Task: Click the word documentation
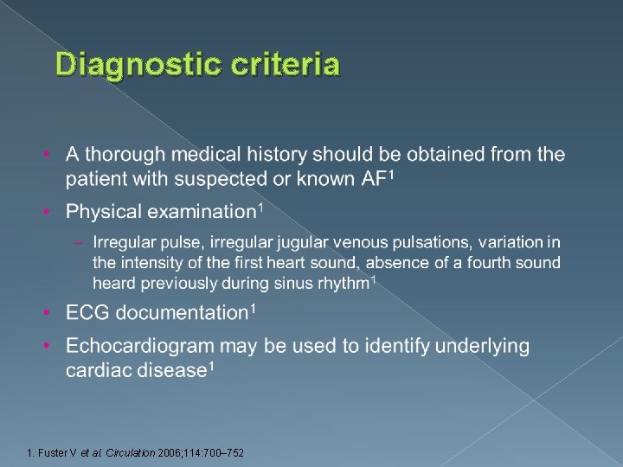(183, 312)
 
